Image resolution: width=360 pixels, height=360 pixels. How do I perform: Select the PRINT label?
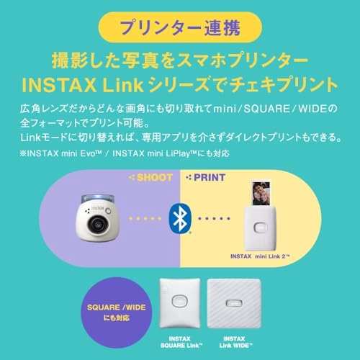tap(206, 176)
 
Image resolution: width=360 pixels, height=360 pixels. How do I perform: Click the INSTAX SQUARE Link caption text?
tap(179, 343)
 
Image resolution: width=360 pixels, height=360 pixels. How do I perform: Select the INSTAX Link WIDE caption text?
tap(240, 343)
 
